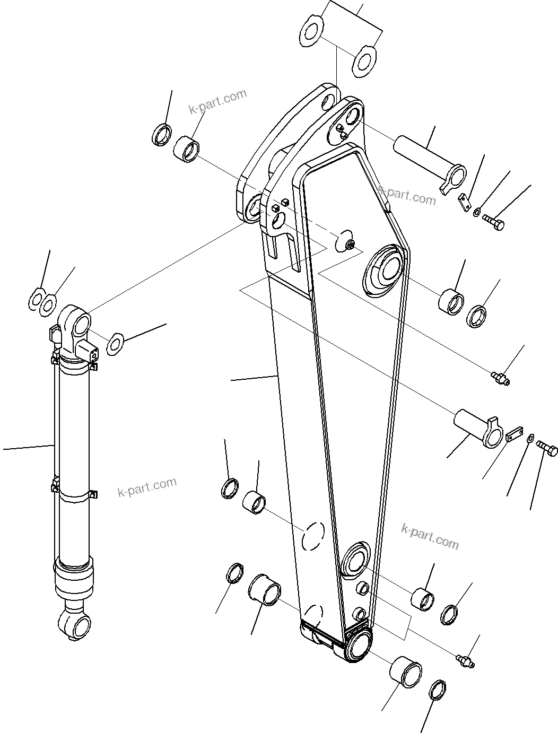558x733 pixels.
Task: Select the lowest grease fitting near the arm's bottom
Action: coord(465,661)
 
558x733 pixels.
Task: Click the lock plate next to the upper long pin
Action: coord(465,203)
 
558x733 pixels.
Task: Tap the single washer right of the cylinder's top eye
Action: coord(115,344)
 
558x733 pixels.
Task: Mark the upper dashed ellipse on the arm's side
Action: coord(312,536)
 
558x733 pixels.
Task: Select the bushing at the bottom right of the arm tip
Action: coord(406,676)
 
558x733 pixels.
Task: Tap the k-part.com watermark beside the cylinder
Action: coord(147,487)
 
